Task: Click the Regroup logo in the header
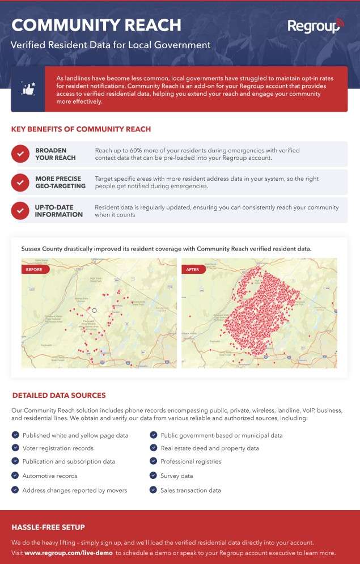[315, 26]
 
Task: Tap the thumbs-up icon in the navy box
[28, 89]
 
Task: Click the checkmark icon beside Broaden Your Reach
[20, 154]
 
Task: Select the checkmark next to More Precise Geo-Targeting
[20, 182]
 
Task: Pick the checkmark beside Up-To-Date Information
[20, 210]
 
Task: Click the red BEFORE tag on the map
[35, 269]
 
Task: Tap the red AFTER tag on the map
[193, 269]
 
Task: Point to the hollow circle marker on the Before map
[95, 310]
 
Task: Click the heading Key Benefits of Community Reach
[81, 129]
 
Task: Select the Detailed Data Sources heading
[58, 395]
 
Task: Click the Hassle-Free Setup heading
[48, 527]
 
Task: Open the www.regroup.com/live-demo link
[68, 553]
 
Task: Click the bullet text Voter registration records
[58, 448]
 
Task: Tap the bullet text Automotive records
[50, 476]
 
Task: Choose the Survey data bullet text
[177, 476]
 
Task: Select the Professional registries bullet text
[191, 461]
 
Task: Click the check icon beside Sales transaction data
[153, 490]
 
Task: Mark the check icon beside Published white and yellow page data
[15, 435]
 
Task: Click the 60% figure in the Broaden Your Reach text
[139, 150]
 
